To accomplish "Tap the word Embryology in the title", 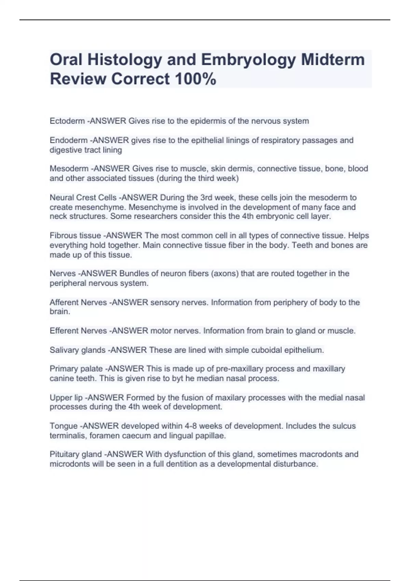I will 248,60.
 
